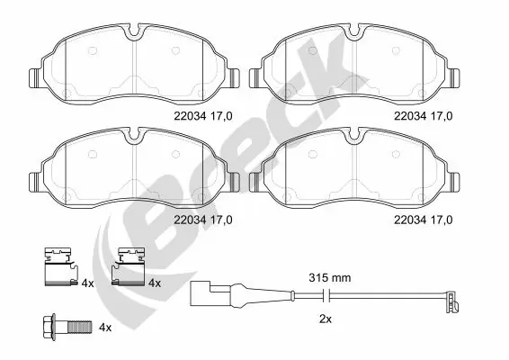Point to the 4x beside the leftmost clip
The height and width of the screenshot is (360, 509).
click(87, 283)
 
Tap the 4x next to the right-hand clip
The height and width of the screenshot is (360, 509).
click(154, 283)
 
